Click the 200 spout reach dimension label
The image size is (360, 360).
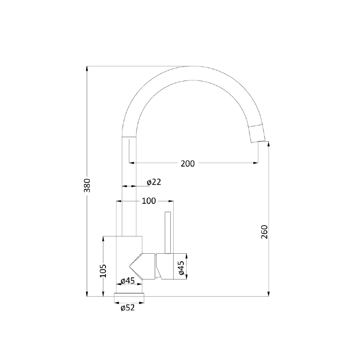[188, 163]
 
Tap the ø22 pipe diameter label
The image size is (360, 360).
[154, 182]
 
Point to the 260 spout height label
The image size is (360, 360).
[265, 233]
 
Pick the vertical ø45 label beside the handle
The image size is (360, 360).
[181, 268]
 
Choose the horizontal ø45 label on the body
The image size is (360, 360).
[127, 280]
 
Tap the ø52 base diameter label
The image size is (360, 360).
[127, 308]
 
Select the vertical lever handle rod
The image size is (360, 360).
[168, 232]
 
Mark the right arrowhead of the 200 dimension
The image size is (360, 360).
[257, 162]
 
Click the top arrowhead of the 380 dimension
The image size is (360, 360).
[87, 68]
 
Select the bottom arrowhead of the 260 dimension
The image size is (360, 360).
[269, 294]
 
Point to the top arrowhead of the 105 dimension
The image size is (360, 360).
[103, 238]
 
